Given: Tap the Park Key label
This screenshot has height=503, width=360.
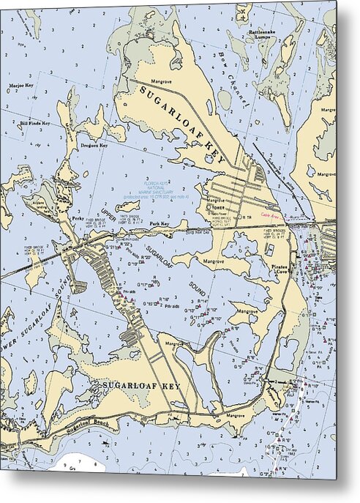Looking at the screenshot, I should coord(160,224).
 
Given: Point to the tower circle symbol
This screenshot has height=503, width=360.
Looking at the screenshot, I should coord(211,208).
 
